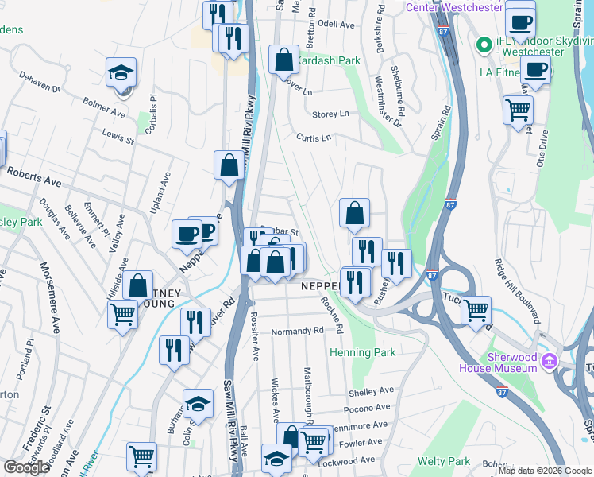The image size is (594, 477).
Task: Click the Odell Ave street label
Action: click(x=335, y=25)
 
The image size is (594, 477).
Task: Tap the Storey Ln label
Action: click(x=330, y=114)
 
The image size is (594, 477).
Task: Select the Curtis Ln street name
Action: click(x=314, y=138)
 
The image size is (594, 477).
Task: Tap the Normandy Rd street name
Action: click(x=297, y=330)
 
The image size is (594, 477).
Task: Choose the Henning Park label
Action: click(x=362, y=351)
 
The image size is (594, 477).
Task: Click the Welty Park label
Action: click(x=444, y=461)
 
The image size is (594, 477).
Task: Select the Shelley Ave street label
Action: click(x=371, y=391)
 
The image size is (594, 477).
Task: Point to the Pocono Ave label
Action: click(x=366, y=408)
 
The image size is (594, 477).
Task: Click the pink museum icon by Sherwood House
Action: click(x=548, y=363)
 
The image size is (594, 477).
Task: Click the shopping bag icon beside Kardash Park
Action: click(x=283, y=59)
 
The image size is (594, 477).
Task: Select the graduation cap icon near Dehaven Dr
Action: click(x=121, y=72)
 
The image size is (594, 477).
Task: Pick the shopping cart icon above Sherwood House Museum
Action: click(x=476, y=309)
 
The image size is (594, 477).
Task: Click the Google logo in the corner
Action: click(x=25, y=467)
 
